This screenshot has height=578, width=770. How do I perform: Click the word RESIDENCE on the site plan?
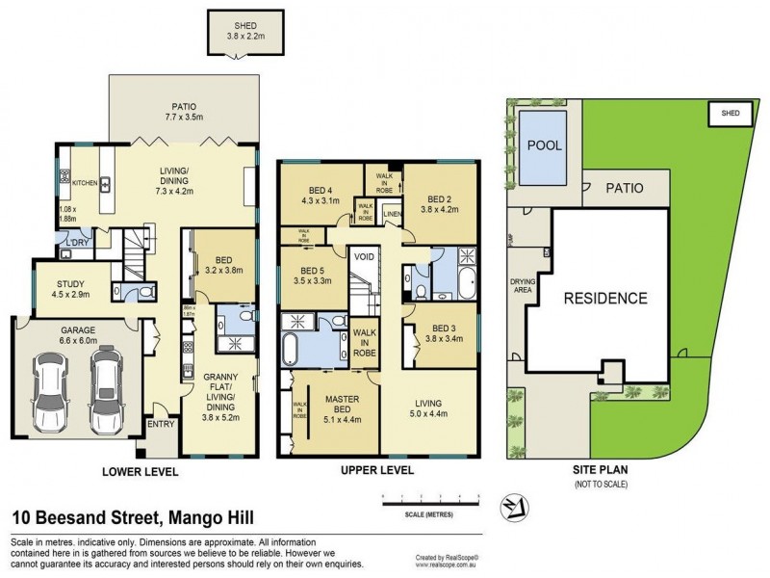[x=604, y=298]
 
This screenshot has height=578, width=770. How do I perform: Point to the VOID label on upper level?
[x=363, y=257]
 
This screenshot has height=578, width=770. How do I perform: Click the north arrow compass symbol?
[x=509, y=507]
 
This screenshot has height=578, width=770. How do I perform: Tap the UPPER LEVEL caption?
[x=378, y=471]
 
